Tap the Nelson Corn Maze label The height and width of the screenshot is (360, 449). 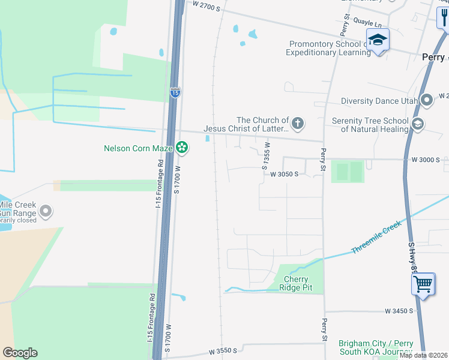pyautogui.click(x=139, y=148)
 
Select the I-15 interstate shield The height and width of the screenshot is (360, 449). pyautogui.click(x=175, y=92)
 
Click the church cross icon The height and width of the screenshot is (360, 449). pyautogui.click(x=297, y=124)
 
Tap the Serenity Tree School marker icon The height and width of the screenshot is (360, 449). pyautogui.click(x=417, y=125)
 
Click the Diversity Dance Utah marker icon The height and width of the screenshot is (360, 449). pyautogui.click(x=427, y=100)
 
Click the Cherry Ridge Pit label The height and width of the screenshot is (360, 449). pyautogui.click(x=296, y=283)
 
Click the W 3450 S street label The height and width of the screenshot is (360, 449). pyautogui.click(x=395, y=311)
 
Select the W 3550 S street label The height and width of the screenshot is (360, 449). pyautogui.click(x=223, y=350)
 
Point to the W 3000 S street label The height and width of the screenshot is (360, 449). pyautogui.click(x=426, y=160)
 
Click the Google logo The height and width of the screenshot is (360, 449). pyautogui.click(x=20, y=353)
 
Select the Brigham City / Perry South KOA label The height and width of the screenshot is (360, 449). pyautogui.click(x=375, y=347)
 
